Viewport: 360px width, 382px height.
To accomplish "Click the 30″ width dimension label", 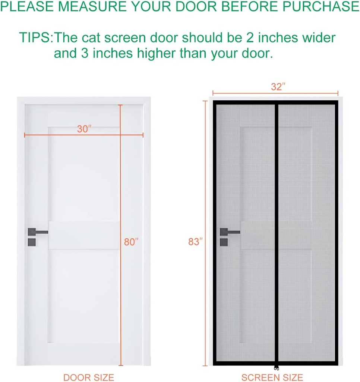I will (x=84, y=129).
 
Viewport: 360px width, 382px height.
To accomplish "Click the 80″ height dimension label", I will (x=131, y=242).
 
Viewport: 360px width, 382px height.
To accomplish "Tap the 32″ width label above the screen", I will (x=278, y=87).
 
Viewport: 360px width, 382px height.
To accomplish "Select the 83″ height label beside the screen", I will (x=195, y=242).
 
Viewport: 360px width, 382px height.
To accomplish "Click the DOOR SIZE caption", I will (x=89, y=377).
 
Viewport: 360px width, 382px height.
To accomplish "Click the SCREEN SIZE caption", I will (x=272, y=377).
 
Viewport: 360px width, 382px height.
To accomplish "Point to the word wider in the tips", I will (x=316, y=38).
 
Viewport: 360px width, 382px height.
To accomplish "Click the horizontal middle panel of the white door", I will (x=84, y=235).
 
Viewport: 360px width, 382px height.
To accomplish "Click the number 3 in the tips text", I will (x=84, y=53).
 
